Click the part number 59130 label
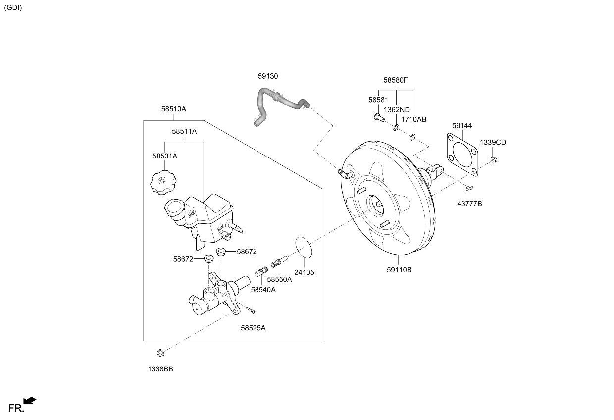268,76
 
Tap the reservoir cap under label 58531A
163,183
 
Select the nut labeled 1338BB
160,353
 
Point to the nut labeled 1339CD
494,159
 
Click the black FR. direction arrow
30,401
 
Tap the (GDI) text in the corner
13,7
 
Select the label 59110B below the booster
399,270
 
